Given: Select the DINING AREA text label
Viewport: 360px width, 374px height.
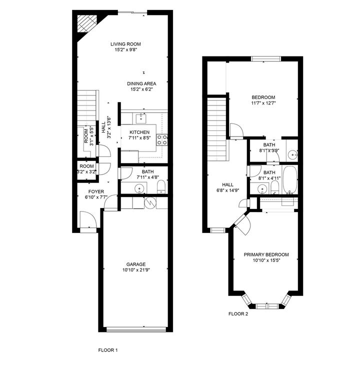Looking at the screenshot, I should pos(141,83).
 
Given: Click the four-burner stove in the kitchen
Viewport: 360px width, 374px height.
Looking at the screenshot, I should pos(162,139).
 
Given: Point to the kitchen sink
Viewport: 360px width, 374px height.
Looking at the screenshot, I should pos(142,118).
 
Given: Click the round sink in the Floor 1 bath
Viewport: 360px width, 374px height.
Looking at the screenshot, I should pos(140,188).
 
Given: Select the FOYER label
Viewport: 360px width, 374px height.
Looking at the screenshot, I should pos(96,191).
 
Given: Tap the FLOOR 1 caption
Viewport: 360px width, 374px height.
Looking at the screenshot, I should pos(107,350).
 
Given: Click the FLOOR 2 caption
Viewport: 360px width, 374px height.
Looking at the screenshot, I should pos(238,314).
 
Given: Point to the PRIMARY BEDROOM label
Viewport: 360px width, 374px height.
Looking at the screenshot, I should pos(266,254).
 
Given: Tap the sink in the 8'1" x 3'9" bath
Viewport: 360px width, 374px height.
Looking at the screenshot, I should pos(292,155).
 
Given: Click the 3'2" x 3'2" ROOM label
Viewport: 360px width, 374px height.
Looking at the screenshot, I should pos(86,169).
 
